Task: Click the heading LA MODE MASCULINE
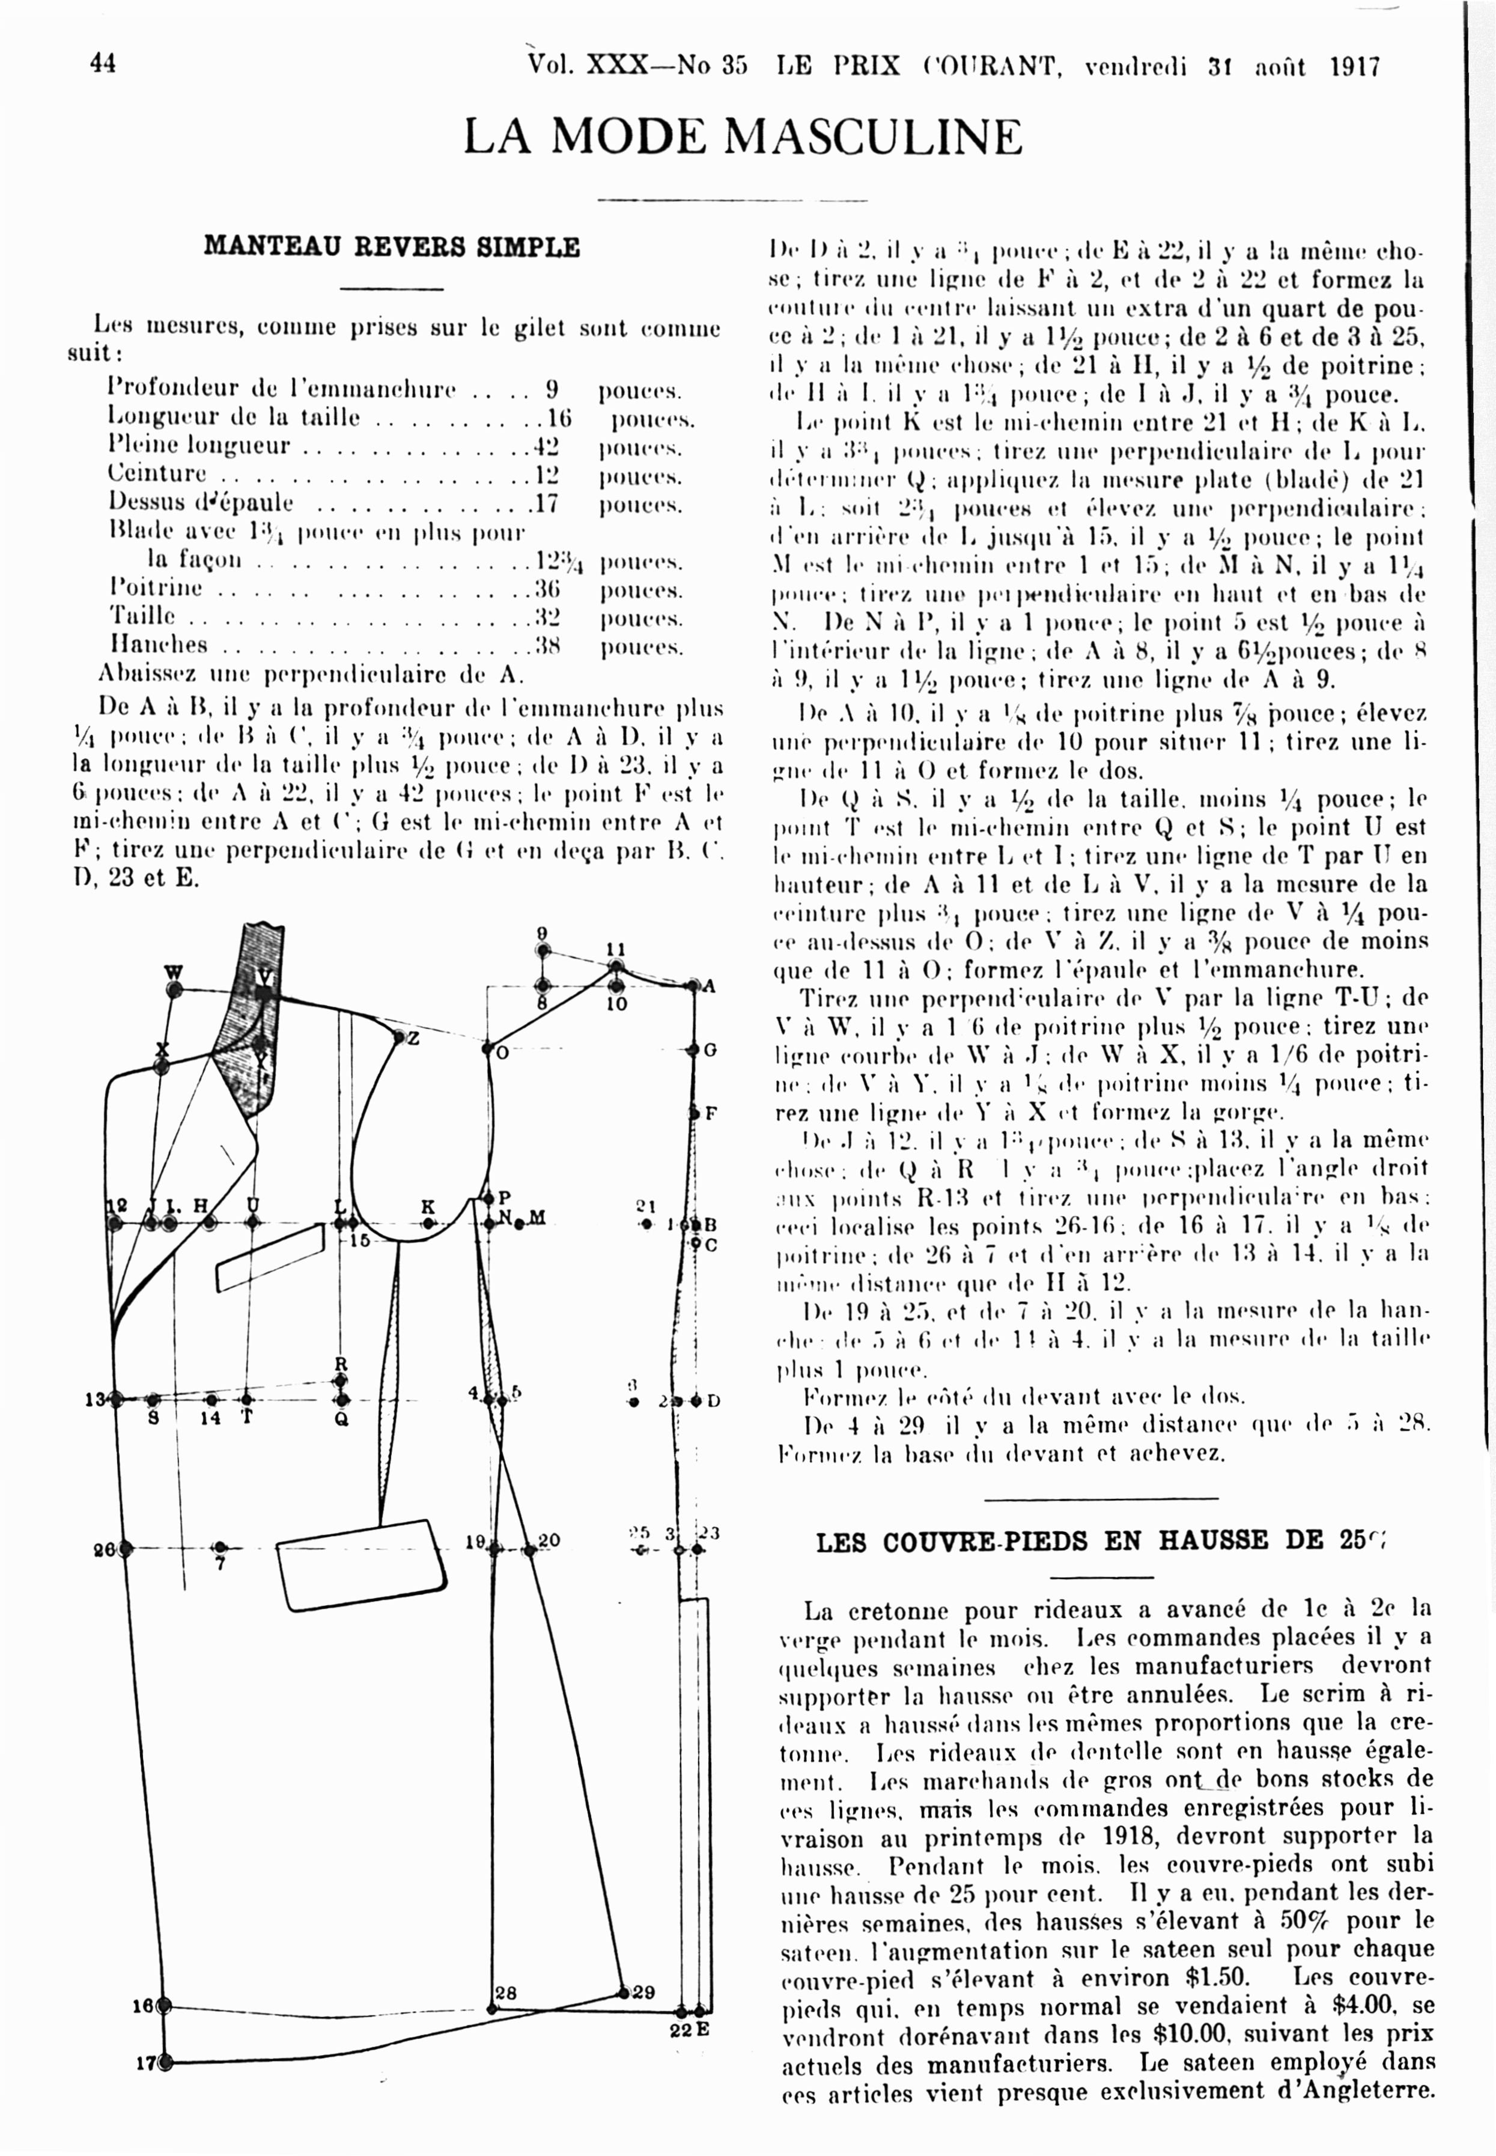point(743,137)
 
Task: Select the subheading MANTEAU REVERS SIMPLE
point(392,247)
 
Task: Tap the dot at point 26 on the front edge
point(125,1549)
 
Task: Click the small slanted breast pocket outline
point(270,1259)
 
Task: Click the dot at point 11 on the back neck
point(615,966)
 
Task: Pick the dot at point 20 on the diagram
point(529,1550)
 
